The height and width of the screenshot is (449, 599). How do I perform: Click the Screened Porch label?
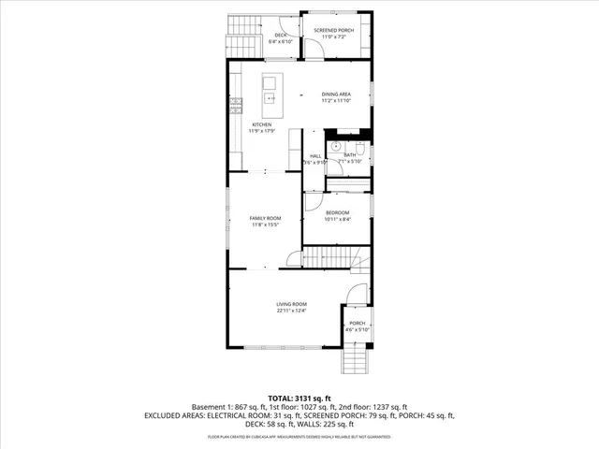pos(333,30)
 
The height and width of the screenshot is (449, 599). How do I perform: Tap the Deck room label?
pos(280,35)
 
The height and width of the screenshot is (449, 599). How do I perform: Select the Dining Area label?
pos(336,94)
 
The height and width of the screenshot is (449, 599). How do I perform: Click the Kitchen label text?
pos(261,124)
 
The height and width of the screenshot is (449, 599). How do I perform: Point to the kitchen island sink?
pos(270,96)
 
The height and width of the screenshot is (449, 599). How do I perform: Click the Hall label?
pos(315,155)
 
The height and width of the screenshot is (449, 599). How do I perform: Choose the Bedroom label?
pos(337,213)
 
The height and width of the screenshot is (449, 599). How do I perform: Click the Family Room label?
pos(265,218)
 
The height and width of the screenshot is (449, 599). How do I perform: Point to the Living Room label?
pos(291,304)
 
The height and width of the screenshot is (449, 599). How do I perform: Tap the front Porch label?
pos(358,324)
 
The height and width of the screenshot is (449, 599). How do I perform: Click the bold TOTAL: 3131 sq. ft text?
pos(299,398)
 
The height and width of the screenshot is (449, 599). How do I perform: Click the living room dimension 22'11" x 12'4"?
pos(291,311)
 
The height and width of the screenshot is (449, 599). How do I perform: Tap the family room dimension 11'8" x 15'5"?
pos(265,224)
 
